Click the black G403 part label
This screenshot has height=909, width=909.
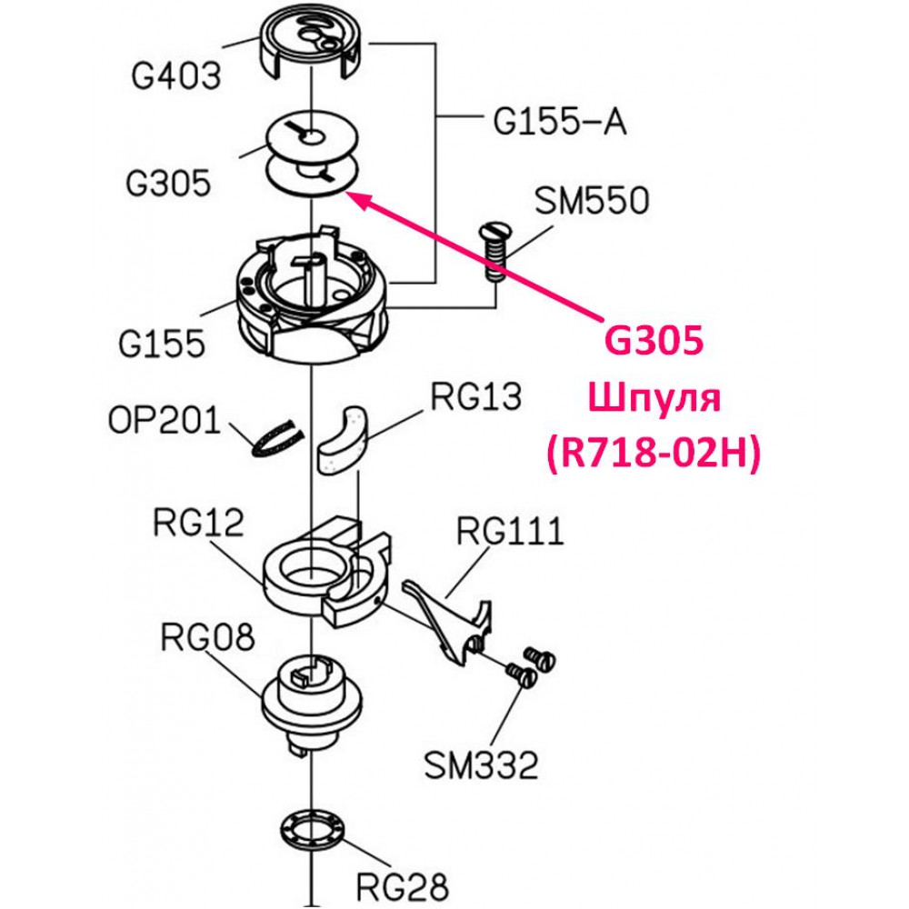176,76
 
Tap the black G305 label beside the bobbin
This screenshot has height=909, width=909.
168,184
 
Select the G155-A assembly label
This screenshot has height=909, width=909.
560,123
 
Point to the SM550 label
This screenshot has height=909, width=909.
592,201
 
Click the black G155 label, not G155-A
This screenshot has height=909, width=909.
162,344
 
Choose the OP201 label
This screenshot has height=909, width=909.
165,420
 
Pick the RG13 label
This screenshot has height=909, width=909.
476,397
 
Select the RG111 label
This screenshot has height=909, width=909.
510,531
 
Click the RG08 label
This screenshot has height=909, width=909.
207,637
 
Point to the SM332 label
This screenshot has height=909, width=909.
481,765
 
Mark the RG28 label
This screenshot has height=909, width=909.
403,886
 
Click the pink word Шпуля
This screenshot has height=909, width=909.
654,399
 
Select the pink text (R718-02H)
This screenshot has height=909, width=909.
654,453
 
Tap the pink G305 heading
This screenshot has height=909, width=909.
654,340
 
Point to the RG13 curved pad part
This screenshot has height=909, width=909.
341,439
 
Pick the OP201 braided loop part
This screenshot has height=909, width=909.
277,438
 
